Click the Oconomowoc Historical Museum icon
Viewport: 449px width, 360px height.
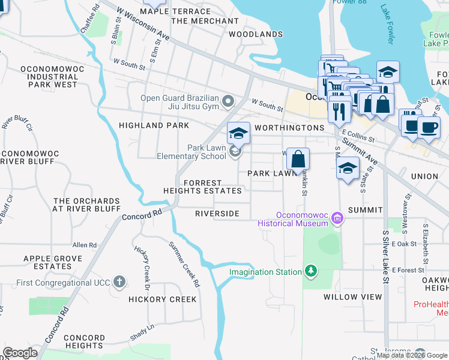(x=337, y=219)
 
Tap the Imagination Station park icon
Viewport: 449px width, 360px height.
(x=310, y=272)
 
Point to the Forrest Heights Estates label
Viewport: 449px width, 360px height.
(x=203, y=187)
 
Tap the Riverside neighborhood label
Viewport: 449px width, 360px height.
(x=217, y=214)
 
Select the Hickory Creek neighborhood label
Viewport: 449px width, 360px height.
(x=162, y=299)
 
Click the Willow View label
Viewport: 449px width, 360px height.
(x=352, y=297)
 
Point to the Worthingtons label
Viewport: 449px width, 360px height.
(x=289, y=128)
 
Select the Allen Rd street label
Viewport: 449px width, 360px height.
(x=84, y=245)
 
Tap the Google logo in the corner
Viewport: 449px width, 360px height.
(x=20, y=353)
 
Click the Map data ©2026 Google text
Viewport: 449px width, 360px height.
(x=412, y=355)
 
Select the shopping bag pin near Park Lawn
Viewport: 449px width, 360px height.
(x=298, y=160)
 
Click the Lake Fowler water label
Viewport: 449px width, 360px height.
(x=387, y=24)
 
